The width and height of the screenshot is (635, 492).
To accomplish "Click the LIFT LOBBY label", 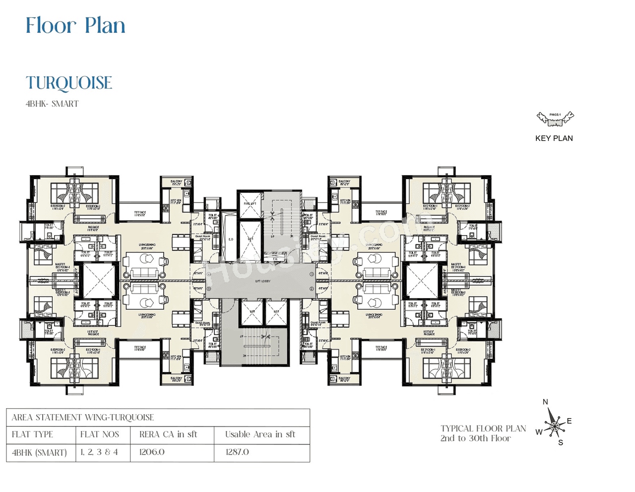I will tap(263, 281).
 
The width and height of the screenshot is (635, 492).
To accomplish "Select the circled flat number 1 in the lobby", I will tap(312, 274).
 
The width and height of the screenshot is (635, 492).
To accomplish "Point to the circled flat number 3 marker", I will tap(209, 289).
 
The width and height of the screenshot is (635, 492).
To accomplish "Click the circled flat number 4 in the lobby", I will tap(209, 274).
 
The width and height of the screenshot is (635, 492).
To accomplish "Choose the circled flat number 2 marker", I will tap(312, 289).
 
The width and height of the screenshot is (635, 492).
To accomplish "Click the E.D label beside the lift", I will tap(231, 240).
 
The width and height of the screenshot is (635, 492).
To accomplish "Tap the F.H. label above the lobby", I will tap(275, 259).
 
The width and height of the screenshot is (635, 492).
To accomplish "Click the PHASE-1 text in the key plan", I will tap(555, 115).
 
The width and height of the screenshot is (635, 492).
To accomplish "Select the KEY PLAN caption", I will tap(554, 138).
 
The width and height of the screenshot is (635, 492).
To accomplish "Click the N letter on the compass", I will tap(545, 402).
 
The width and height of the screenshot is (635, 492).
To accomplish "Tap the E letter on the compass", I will tap(569, 421).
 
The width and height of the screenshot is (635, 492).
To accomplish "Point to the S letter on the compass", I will tap(561, 442).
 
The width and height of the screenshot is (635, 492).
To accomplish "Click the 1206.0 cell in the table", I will tap(152, 452).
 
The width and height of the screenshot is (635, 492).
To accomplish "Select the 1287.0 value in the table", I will tap(237, 452).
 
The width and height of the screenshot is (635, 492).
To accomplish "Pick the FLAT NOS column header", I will tap(100, 434).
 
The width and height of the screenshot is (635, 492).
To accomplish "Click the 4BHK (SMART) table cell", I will tap(39, 452).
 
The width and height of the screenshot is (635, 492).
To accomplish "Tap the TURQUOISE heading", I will tap(69, 83).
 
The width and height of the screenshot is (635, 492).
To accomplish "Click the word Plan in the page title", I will tap(105, 26).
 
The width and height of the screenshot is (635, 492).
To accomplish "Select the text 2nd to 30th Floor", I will tap(475, 438).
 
